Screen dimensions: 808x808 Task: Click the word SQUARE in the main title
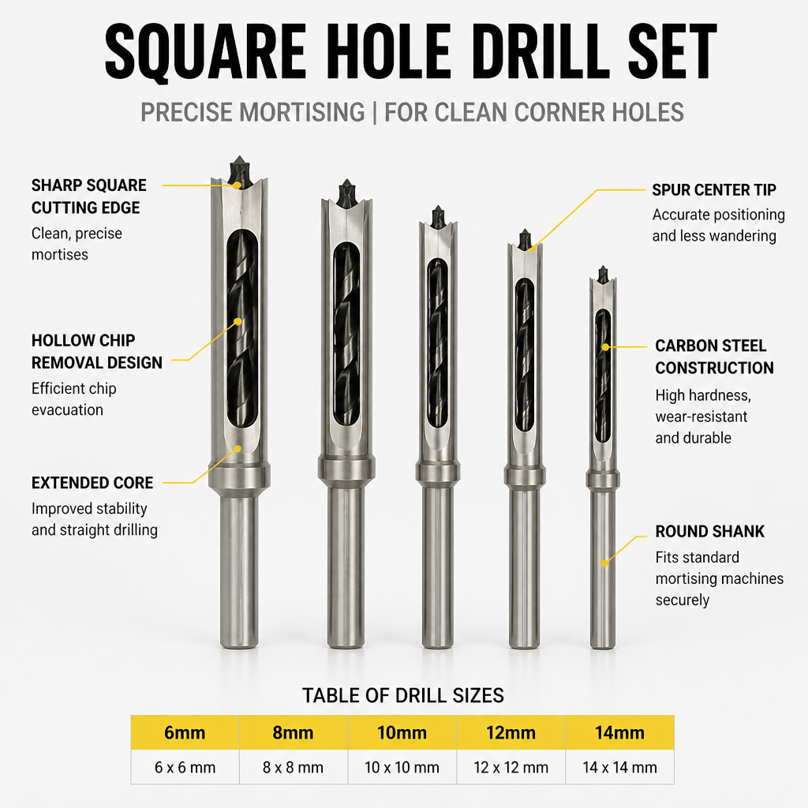(x=206, y=52)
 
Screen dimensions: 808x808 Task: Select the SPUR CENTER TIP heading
(x=713, y=189)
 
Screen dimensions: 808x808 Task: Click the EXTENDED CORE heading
(x=92, y=483)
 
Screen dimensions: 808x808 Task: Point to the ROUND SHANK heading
(x=709, y=531)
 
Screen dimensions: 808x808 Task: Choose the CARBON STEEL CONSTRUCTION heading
(x=714, y=357)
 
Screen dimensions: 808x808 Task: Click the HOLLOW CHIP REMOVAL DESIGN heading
(x=97, y=351)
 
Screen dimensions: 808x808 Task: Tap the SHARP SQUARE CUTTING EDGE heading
(x=88, y=196)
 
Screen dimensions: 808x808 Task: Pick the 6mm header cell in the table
(x=185, y=732)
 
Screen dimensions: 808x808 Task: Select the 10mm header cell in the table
(x=402, y=732)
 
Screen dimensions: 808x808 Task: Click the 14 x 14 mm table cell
(x=620, y=767)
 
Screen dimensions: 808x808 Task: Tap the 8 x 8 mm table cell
(x=294, y=767)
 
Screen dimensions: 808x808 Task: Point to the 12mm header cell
(x=511, y=732)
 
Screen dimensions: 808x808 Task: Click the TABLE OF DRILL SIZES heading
(x=403, y=696)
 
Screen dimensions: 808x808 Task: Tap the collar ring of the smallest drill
(x=603, y=480)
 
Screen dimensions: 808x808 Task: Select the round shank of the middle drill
(x=438, y=567)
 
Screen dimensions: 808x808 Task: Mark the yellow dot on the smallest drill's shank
(x=605, y=563)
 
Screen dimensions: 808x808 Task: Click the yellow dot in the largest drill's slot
(x=238, y=322)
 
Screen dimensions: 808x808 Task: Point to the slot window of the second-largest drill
(x=346, y=334)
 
